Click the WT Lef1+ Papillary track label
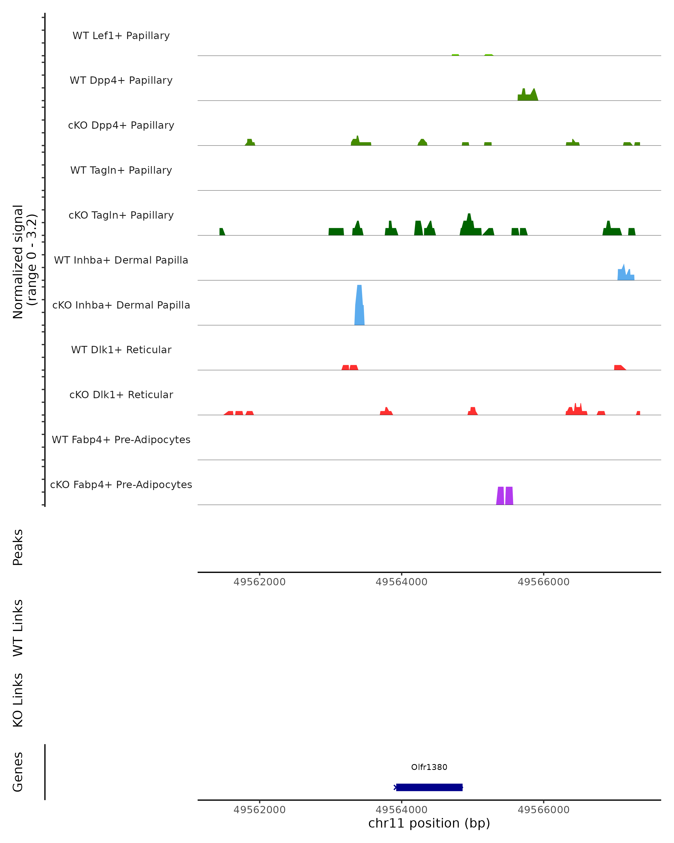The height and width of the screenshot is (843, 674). [121, 36]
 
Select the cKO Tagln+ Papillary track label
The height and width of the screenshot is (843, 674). [121, 215]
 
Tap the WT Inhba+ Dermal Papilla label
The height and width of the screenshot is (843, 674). [121, 260]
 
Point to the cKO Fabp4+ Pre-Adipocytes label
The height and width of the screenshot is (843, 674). [121, 484]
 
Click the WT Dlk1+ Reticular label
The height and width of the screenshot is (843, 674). [121, 350]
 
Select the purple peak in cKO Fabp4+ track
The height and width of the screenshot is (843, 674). [504, 496]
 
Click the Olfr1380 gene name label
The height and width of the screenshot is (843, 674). [429, 767]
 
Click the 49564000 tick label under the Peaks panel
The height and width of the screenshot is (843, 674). [401, 582]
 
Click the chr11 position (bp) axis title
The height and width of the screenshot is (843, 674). [429, 823]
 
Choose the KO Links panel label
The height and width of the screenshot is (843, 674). [18, 700]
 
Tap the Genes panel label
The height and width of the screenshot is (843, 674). [18, 772]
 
